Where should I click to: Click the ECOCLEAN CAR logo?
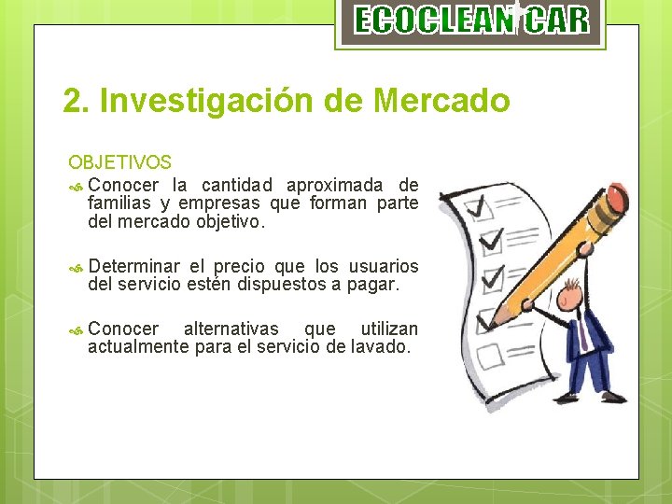click(471, 20)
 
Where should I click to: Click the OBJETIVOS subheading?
click(119, 163)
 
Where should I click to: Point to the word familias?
click(119, 203)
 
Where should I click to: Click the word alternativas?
click(231, 329)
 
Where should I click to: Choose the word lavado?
click(385, 347)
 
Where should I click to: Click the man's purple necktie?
click(581, 335)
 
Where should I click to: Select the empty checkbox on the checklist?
click(487, 356)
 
